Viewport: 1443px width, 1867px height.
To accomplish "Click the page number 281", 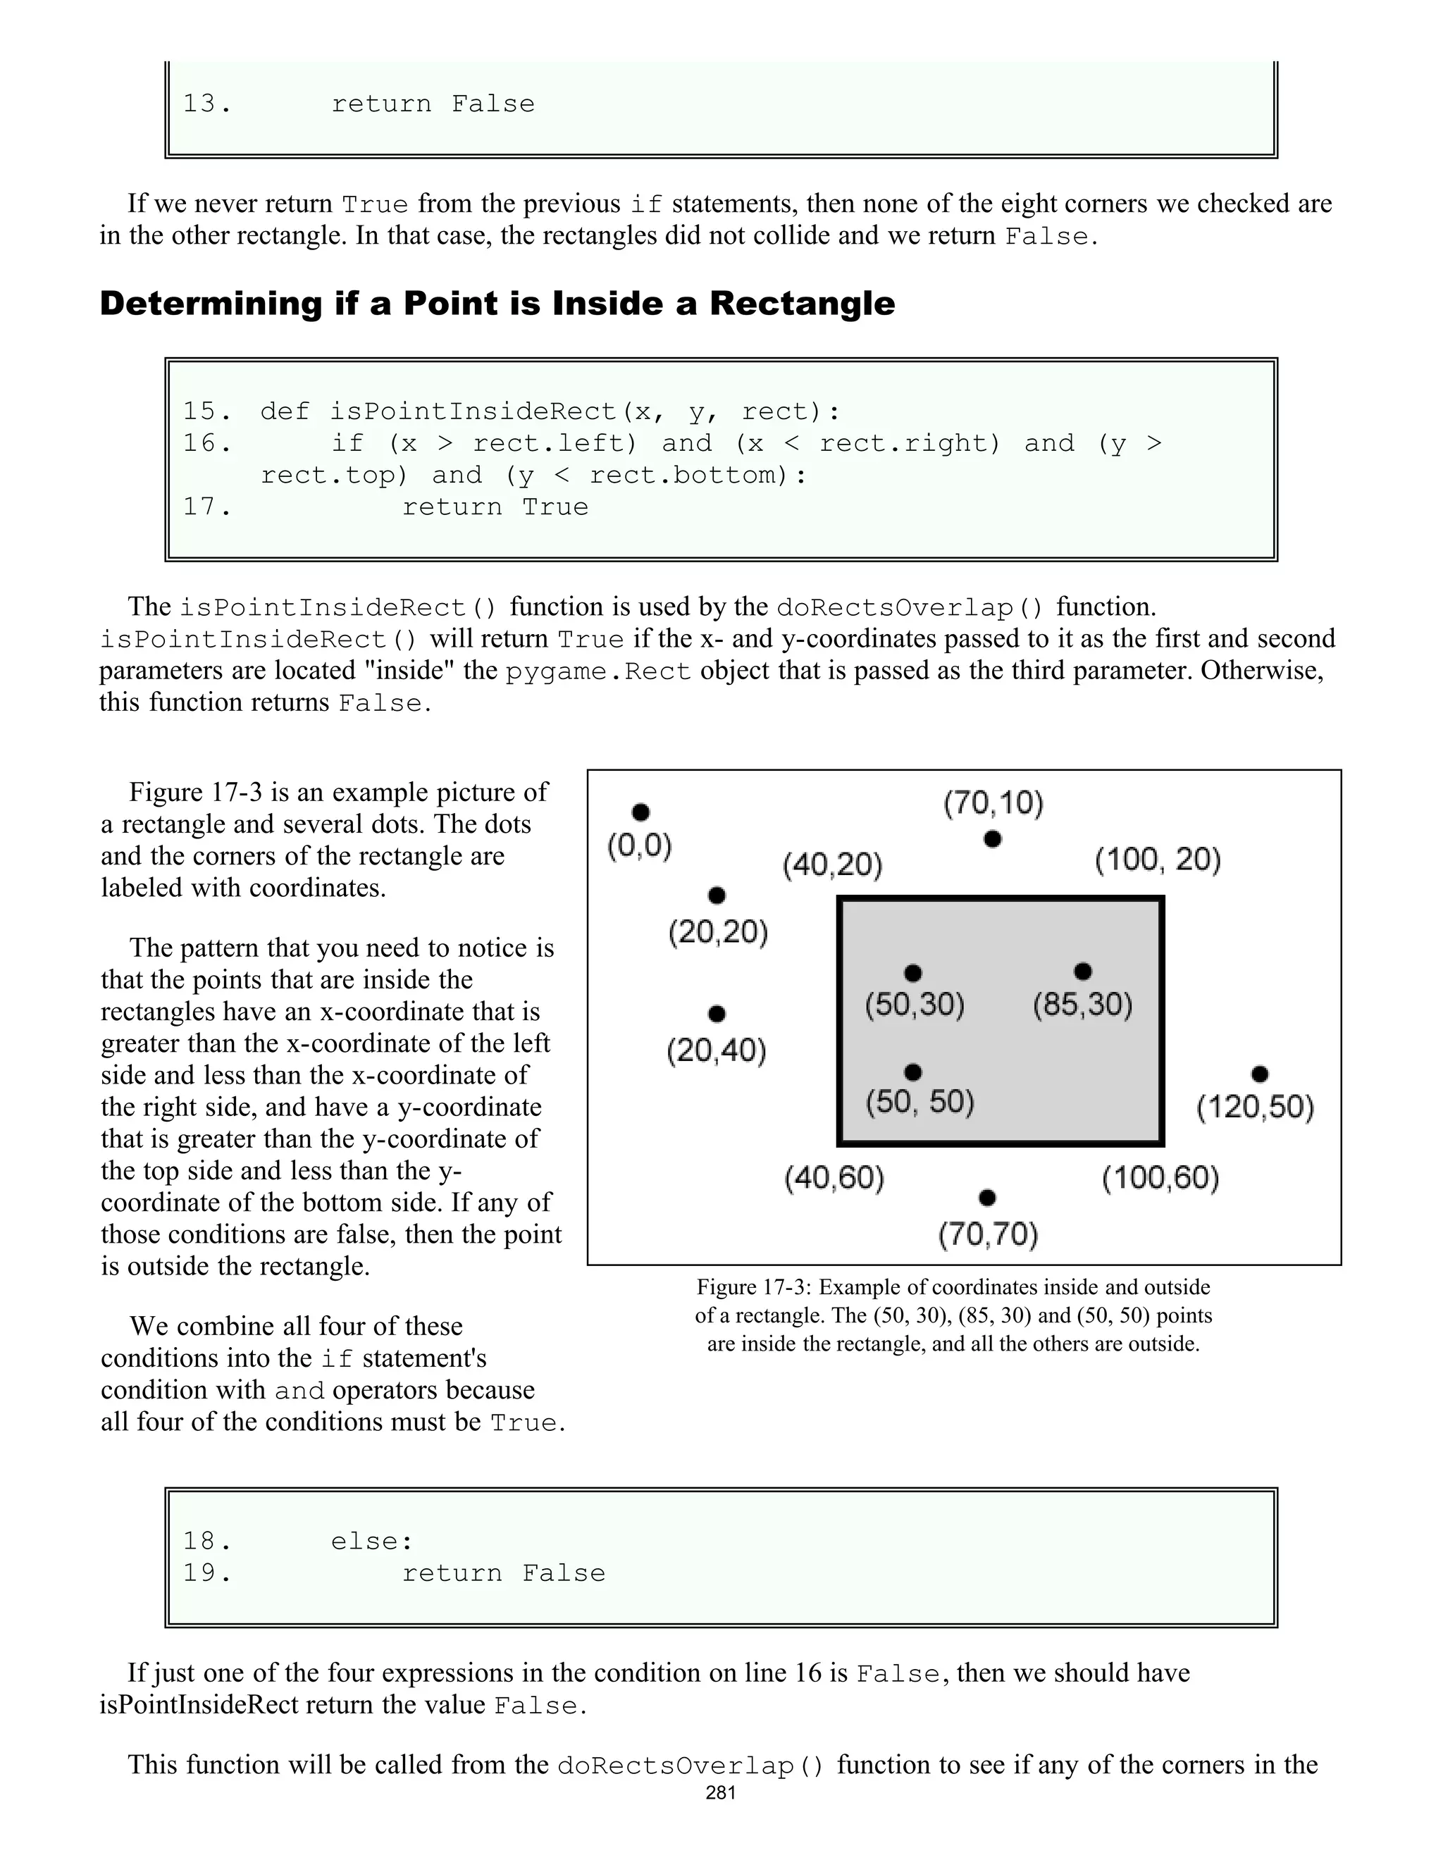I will pos(721,1792).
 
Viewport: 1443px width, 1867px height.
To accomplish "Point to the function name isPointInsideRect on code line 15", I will pos(473,411).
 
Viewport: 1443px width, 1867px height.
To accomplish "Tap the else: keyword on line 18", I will pos(372,1542).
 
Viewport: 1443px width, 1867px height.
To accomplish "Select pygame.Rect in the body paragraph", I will pos(598,672).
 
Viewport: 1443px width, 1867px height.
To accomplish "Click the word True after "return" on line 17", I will pos(556,507).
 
